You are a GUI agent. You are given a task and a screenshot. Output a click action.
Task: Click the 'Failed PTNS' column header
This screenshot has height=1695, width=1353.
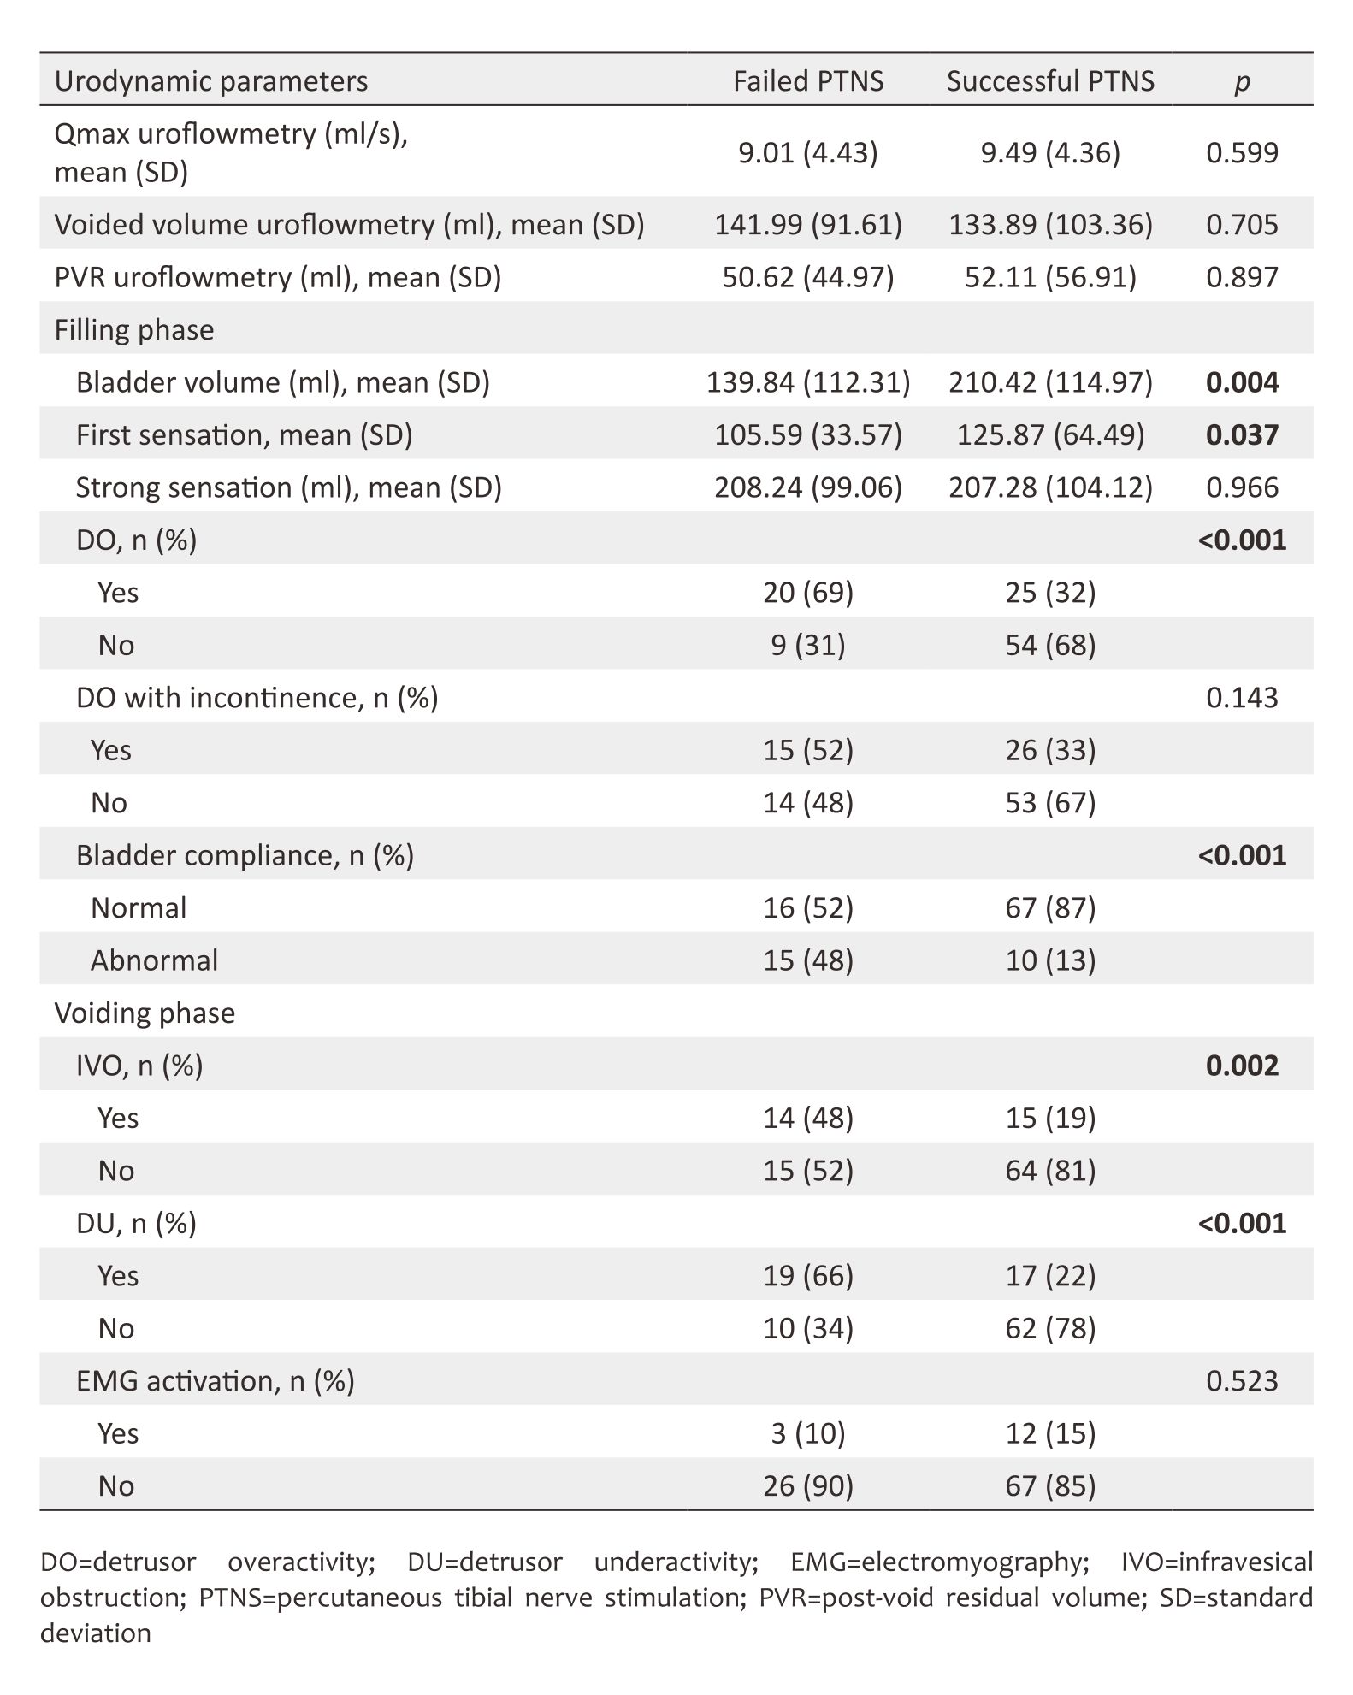click(x=808, y=81)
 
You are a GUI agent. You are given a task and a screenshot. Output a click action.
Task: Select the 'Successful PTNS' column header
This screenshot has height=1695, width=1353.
click(x=1050, y=81)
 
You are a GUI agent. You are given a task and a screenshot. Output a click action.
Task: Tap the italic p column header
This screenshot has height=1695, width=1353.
click(x=1242, y=82)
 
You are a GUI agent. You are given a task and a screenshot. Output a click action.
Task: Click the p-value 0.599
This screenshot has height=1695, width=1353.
click(x=1242, y=153)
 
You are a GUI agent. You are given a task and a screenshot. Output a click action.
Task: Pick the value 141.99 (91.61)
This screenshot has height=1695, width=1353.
click(x=808, y=225)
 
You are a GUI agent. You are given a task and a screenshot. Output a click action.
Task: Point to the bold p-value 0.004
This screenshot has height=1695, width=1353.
click(x=1242, y=382)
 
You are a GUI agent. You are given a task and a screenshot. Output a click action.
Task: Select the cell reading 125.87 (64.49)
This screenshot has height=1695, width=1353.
click(x=1050, y=435)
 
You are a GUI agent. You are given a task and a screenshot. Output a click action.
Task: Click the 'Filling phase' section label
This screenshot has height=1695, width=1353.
click(x=134, y=330)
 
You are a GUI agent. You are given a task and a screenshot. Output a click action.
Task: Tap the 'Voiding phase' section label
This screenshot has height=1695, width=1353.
click(x=145, y=1013)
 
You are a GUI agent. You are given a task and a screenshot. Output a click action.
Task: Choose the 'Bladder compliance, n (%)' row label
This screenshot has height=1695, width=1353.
click(x=245, y=855)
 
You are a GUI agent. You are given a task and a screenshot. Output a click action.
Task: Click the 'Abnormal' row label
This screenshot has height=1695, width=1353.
click(x=154, y=960)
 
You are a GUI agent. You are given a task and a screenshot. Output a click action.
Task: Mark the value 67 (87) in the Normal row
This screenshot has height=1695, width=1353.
click(x=1050, y=908)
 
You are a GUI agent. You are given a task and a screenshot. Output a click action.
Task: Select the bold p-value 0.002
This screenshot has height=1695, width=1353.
click(x=1242, y=1066)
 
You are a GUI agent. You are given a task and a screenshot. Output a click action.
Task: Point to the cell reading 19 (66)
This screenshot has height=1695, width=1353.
click(x=808, y=1276)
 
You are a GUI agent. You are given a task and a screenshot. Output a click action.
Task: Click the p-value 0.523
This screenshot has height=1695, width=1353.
click(x=1242, y=1381)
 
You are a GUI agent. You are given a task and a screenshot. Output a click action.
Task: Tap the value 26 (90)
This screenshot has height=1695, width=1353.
click(x=808, y=1486)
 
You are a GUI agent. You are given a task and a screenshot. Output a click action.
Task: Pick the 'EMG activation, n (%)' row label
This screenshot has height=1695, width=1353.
click(x=215, y=1381)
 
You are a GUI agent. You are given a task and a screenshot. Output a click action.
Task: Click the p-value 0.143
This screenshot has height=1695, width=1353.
click(x=1242, y=698)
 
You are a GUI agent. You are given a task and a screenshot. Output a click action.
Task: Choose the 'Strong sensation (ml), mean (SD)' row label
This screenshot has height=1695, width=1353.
click(x=288, y=487)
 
